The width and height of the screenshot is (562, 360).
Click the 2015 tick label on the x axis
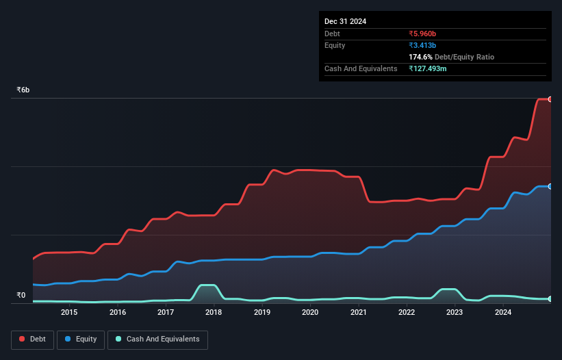point(69,313)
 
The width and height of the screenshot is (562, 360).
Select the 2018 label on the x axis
point(214,313)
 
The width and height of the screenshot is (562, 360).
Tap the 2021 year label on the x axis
point(358,313)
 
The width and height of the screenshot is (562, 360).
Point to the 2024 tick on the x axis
point(503,313)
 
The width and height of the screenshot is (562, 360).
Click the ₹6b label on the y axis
point(23,90)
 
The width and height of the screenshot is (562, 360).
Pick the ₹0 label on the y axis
point(21,296)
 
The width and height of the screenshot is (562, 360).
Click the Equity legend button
point(81,339)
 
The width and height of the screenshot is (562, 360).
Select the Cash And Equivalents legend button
point(157,339)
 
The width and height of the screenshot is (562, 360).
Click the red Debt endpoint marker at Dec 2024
point(550,99)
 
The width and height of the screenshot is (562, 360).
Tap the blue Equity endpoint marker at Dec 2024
point(550,186)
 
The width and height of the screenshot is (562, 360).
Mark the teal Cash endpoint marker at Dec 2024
point(550,299)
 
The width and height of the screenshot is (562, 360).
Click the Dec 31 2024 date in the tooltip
point(346,21)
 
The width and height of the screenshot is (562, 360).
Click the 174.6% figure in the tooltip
point(420,57)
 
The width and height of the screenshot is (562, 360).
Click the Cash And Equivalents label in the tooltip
point(361,68)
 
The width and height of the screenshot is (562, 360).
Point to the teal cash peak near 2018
point(207,285)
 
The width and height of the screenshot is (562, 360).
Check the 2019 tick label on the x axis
point(261,313)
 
